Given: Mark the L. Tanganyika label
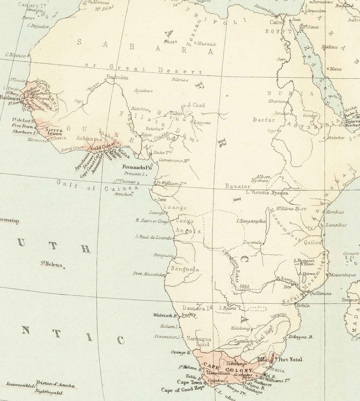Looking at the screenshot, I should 252,221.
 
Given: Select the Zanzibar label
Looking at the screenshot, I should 336,225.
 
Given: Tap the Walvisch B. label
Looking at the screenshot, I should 165,315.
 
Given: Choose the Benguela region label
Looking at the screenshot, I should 185,269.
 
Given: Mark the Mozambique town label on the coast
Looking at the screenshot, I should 342,275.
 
